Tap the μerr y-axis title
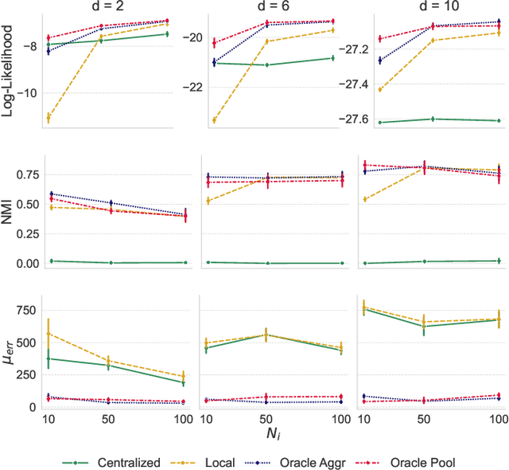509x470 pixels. click(9, 351)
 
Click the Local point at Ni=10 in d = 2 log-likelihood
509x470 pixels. click(48, 118)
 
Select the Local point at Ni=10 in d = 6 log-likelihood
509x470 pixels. click(213, 120)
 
